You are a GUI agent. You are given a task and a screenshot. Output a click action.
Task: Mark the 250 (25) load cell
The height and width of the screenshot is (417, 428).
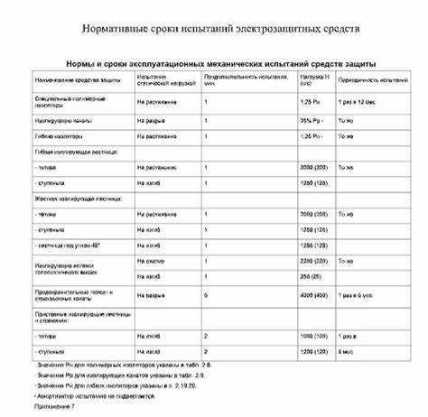(307, 276)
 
